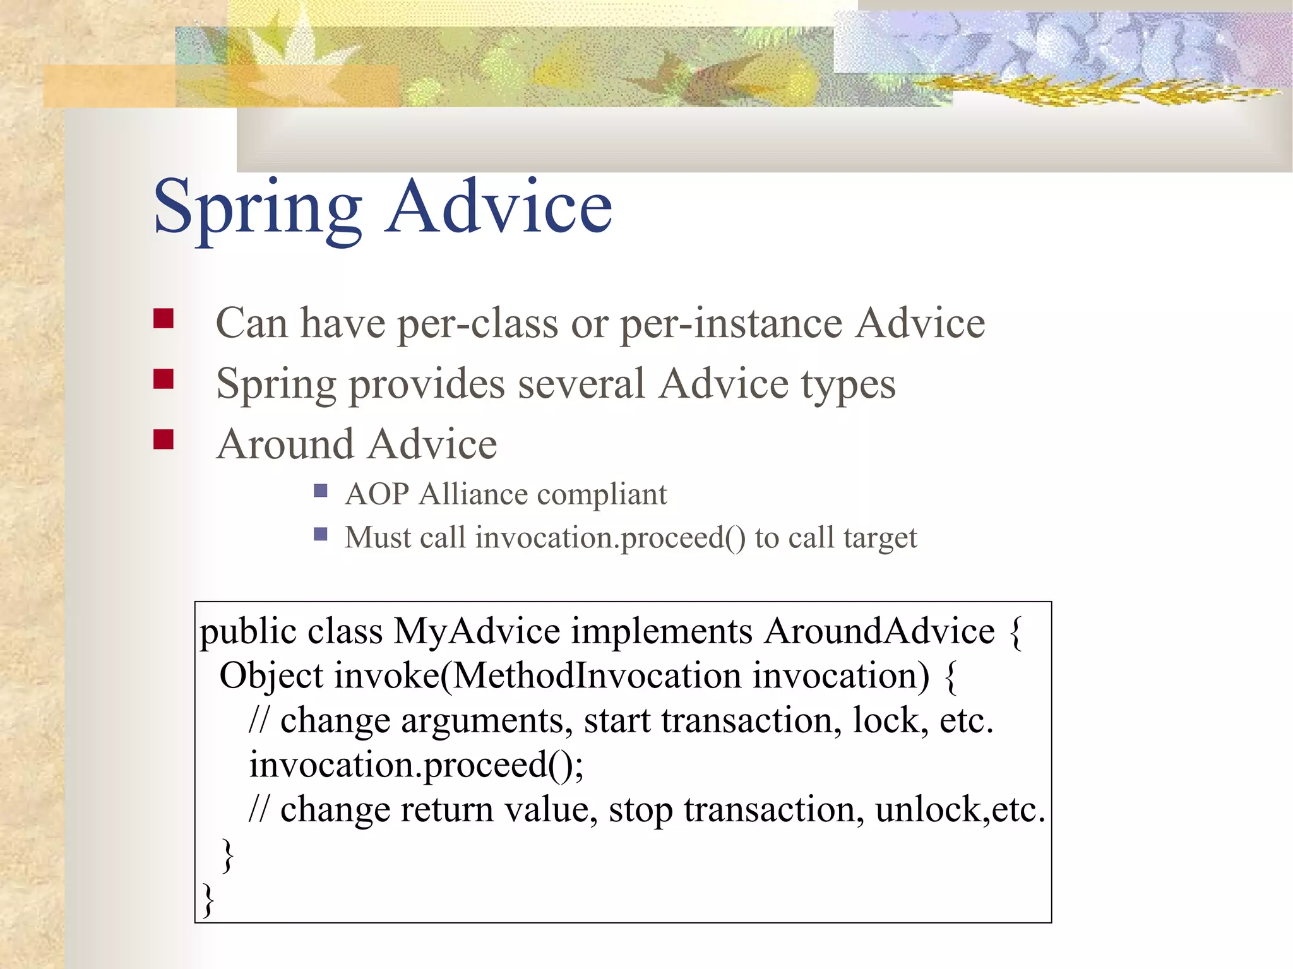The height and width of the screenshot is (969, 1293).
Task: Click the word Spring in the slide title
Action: pyautogui.click(x=258, y=208)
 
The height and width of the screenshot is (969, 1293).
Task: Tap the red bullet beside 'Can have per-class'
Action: pyautogui.click(x=164, y=319)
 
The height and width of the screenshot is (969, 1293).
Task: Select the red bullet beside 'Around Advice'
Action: pyautogui.click(x=164, y=439)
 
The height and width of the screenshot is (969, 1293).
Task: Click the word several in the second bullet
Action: pyautogui.click(x=581, y=384)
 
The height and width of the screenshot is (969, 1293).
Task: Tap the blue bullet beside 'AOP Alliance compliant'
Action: pyautogui.click(x=321, y=490)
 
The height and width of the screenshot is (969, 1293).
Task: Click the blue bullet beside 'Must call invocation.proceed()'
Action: pyautogui.click(x=321, y=535)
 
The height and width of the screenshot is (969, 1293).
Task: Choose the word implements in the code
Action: pyautogui.click(x=662, y=631)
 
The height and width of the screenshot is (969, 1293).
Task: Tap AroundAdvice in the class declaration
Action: pyautogui.click(x=879, y=631)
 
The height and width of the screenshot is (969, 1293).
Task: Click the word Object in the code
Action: pyautogui.click(x=271, y=676)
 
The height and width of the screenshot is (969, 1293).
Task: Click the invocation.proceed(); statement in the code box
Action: pyautogui.click(x=416, y=765)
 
